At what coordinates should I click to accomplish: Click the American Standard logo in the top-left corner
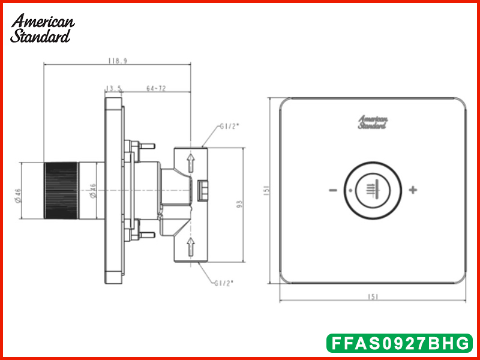point(42,28)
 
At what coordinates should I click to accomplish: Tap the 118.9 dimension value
point(118,61)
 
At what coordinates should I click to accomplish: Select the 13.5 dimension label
point(113,89)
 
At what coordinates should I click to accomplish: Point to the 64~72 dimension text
point(156,88)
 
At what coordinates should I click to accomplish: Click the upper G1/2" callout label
point(229,127)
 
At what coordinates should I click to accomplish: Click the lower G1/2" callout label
point(224,283)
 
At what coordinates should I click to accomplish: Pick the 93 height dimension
point(239,204)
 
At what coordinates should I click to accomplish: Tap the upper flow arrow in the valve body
point(191,163)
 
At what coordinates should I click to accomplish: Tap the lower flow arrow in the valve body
point(191,247)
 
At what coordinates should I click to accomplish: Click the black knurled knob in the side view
point(61,190)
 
